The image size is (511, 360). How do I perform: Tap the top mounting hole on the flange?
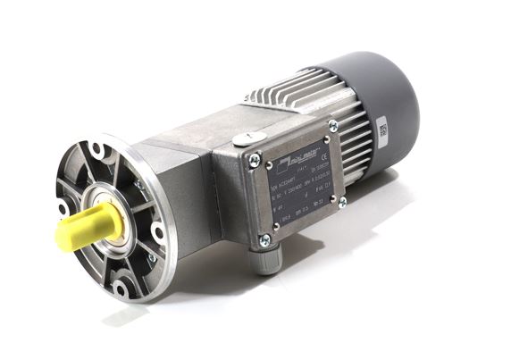(95, 149)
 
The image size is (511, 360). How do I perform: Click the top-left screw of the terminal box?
(254, 161)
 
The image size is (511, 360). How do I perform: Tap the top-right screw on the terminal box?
(332, 127)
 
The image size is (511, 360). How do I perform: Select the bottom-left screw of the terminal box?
(264, 239)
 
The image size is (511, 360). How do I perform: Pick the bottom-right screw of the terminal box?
(341, 203)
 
